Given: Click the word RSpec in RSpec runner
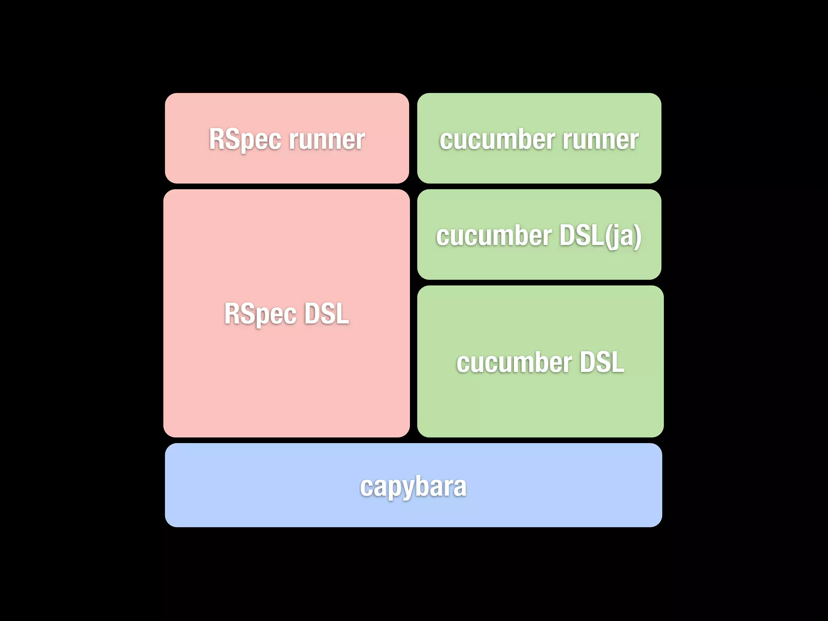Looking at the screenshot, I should pyautogui.click(x=245, y=139).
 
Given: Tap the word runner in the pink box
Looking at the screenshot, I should pyautogui.click(x=327, y=139).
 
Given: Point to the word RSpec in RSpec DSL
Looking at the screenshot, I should pyautogui.click(x=260, y=314).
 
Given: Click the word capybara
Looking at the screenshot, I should pyautogui.click(x=413, y=486).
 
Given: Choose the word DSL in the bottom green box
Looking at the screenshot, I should pyautogui.click(x=602, y=362).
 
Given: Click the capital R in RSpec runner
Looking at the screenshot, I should pyautogui.click(x=217, y=139).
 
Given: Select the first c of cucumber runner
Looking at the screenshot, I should pyautogui.click(x=445, y=140).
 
